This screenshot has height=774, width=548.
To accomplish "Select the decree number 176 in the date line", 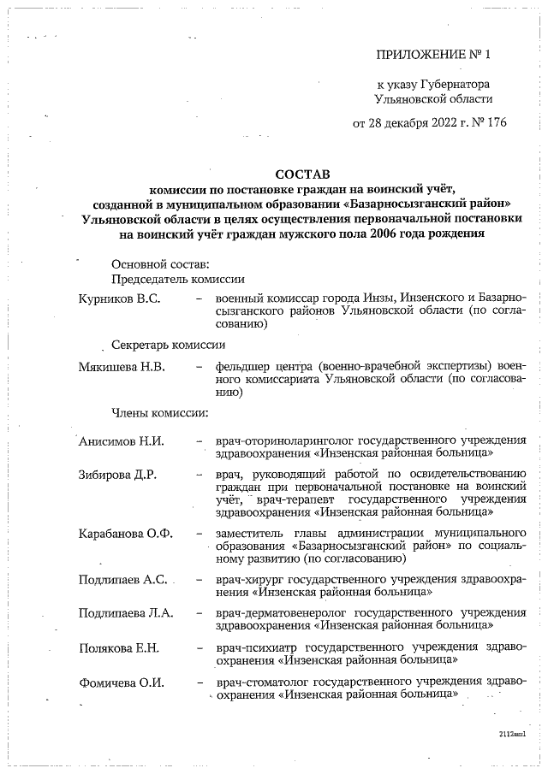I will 496,122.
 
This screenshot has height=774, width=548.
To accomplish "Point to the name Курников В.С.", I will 120,298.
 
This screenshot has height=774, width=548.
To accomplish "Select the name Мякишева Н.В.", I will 122,367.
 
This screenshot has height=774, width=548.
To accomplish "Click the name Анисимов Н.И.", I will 121,441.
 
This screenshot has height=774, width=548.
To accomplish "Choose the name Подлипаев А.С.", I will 122,579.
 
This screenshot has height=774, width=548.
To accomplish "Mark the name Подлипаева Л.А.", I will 126,612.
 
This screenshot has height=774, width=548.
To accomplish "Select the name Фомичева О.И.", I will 121,683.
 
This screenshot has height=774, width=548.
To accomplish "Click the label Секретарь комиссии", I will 169,346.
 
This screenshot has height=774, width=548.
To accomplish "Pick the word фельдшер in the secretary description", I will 241,367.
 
